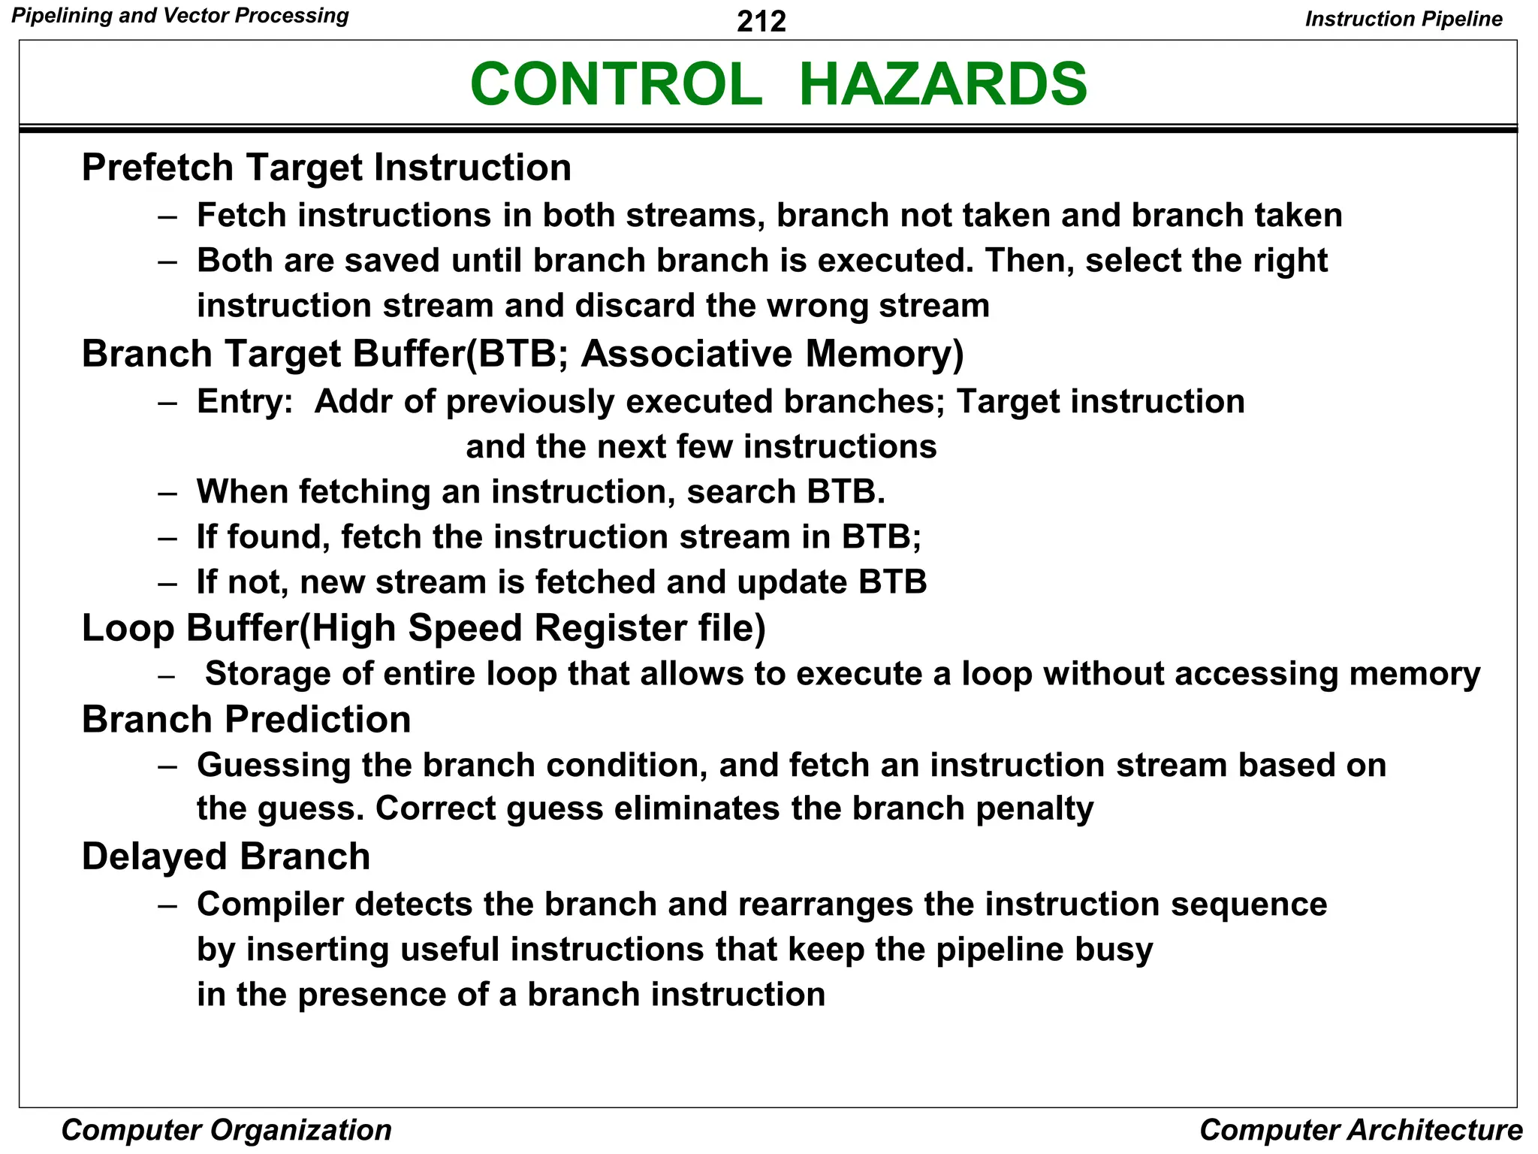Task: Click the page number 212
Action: pos(761,22)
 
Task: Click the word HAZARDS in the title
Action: pos(942,84)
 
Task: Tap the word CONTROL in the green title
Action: pos(616,84)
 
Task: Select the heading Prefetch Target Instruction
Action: pos(326,168)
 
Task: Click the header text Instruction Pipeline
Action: pos(1403,19)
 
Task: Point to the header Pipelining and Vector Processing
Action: pos(180,16)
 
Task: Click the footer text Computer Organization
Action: pos(226,1130)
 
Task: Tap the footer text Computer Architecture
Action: pos(1360,1130)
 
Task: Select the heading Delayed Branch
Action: pos(226,856)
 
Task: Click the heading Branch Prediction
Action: pos(246,720)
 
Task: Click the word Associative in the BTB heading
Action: pos(686,354)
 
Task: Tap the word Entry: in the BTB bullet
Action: pos(244,402)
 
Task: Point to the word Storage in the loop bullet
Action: pos(267,674)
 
